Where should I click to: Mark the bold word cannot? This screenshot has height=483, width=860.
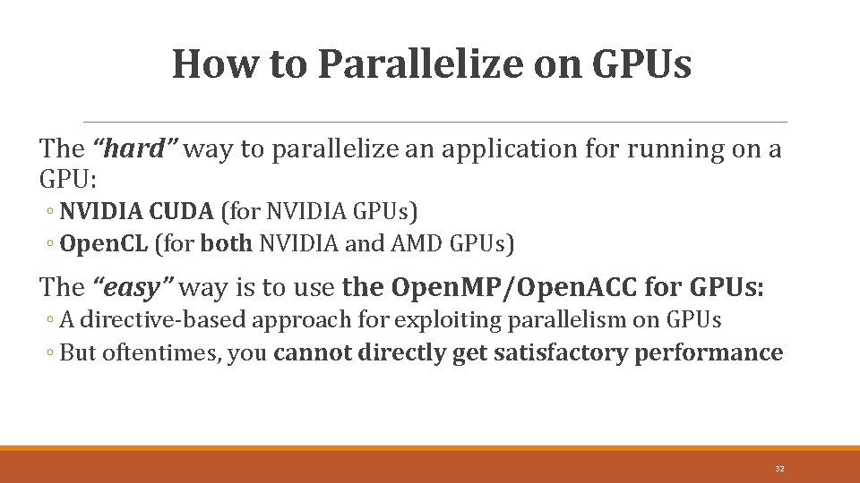pos(313,352)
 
